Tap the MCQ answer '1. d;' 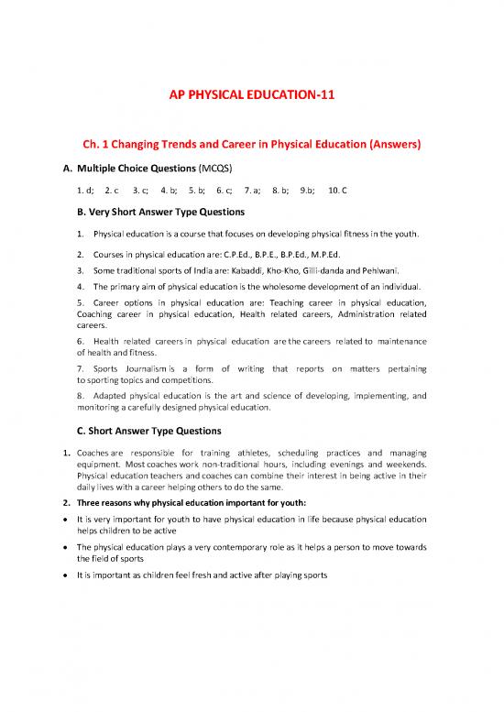(x=86, y=192)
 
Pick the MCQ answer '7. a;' (x=253, y=192)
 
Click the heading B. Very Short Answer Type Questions (x=164, y=214)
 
